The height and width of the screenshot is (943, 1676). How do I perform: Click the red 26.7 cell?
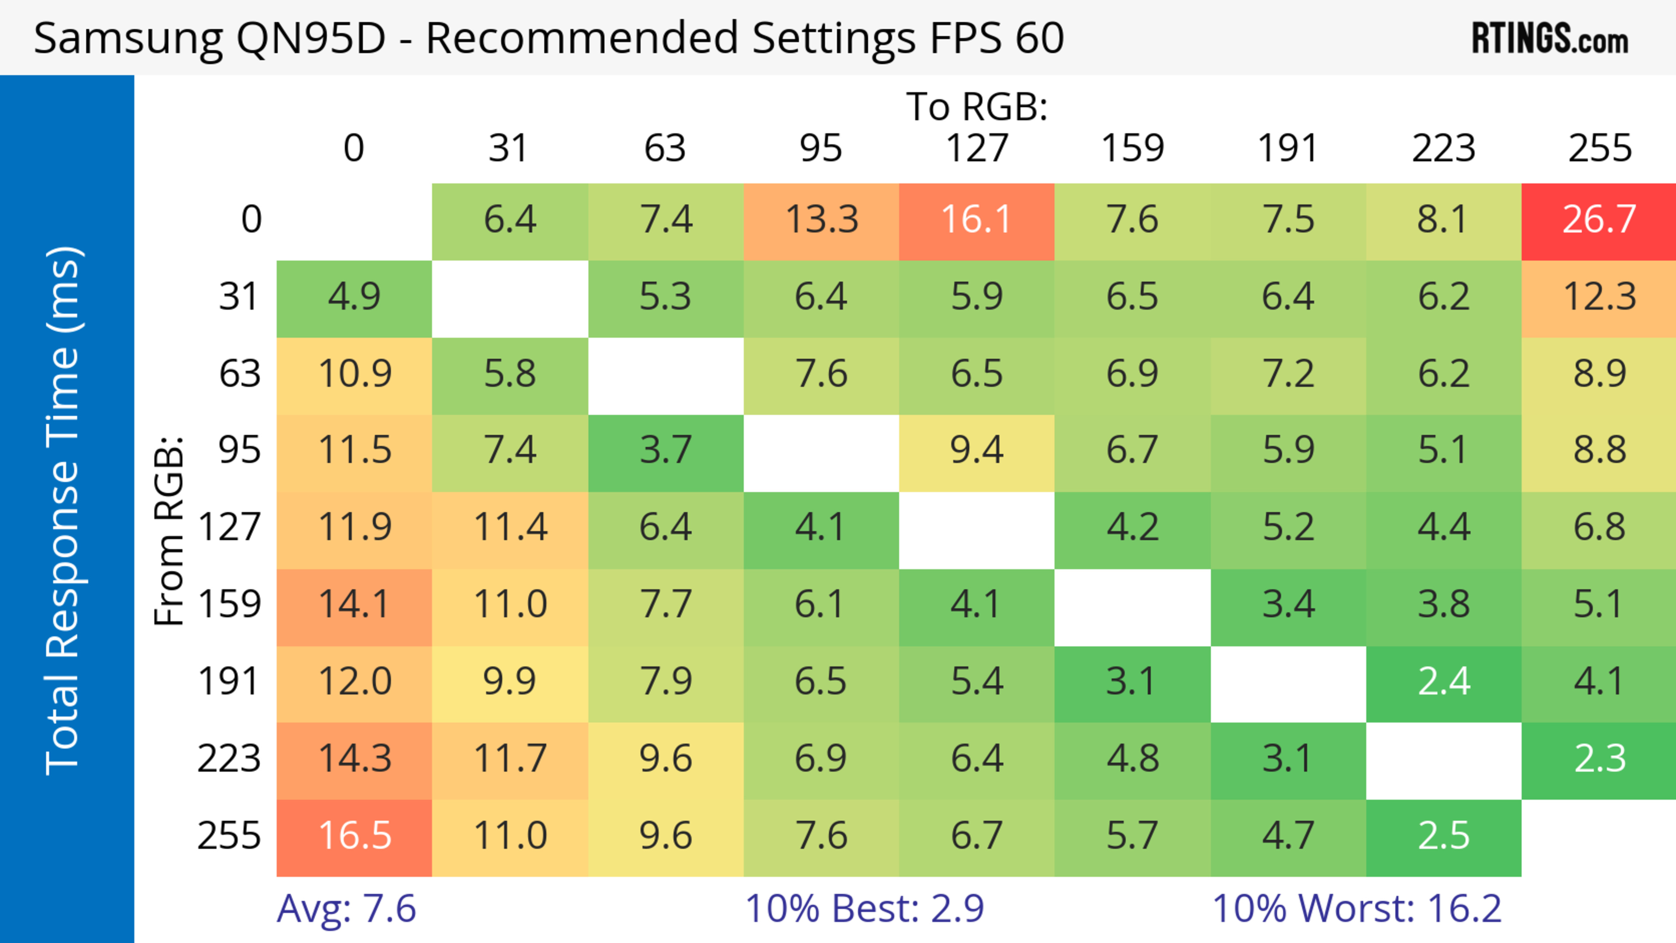1599,220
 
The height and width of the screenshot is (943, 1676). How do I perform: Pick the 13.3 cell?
821,220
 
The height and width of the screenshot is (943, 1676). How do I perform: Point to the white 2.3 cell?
1599,759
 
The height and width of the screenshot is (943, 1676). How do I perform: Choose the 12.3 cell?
1599,297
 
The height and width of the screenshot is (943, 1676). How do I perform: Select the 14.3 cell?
354,759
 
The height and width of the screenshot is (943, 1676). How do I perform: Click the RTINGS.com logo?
1550,39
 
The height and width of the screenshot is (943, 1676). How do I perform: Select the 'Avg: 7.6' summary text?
346,909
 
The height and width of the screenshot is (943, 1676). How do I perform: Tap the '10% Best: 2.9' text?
864,909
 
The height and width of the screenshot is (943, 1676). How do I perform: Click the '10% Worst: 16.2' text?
1357,909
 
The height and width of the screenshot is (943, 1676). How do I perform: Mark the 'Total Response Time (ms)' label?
64,511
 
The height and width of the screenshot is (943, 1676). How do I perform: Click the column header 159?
1132,148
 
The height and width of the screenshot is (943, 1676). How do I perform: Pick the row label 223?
229,759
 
